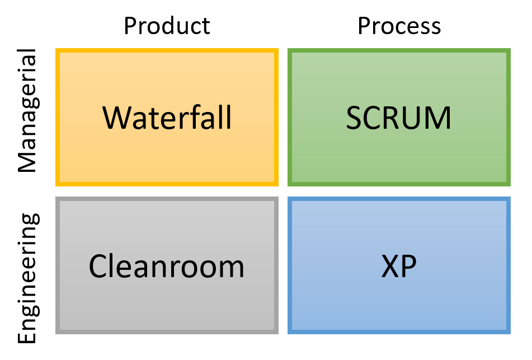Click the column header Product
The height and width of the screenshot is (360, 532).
[x=167, y=26]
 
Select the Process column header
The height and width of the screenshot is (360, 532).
[x=399, y=26]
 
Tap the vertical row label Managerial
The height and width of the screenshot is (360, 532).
[x=28, y=110]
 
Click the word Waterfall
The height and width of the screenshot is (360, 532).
[x=167, y=118]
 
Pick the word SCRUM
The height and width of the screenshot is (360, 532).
[x=399, y=118]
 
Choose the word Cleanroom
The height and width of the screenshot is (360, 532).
[x=167, y=267]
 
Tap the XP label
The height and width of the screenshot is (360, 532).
[x=399, y=267]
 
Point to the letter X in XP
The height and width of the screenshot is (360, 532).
[x=390, y=267]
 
